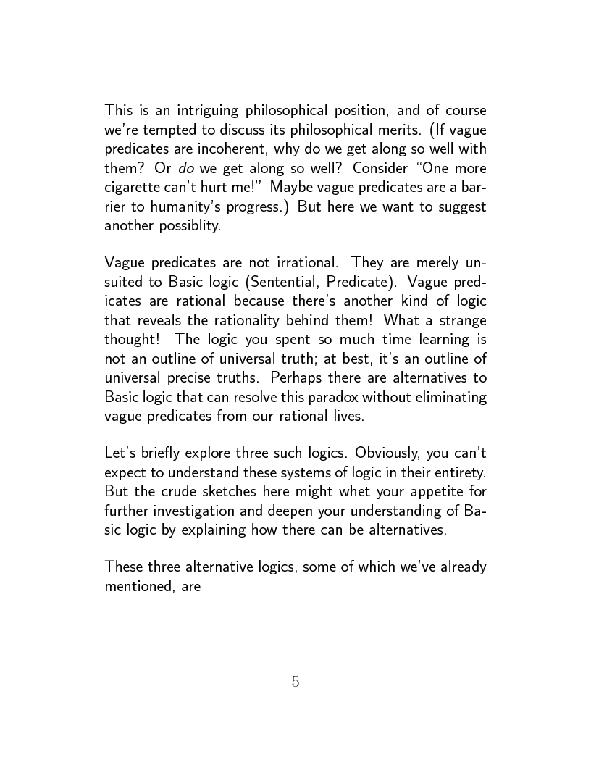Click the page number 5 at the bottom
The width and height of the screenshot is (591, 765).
(295, 681)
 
